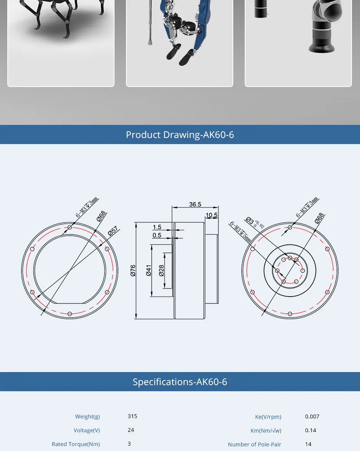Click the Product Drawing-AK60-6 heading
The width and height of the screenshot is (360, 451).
coord(180,135)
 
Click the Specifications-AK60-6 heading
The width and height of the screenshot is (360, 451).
coord(180,382)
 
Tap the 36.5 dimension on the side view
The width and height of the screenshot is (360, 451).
coord(195,204)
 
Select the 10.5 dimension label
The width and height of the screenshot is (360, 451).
coord(211,215)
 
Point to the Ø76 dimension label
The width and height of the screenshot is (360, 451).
coord(133,271)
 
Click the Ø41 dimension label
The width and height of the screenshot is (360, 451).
coord(149,271)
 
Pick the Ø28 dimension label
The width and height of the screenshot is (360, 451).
coord(161,271)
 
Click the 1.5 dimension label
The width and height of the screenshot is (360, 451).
coord(157,227)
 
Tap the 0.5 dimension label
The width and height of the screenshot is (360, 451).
coord(157,235)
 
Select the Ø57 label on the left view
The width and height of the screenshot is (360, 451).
coord(113,231)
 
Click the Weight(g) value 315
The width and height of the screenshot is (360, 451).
coord(133,416)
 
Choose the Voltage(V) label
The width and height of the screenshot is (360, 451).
coord(87,430)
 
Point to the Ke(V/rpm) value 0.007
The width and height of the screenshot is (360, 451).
coord(312,417)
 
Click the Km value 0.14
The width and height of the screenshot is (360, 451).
coord(311,430)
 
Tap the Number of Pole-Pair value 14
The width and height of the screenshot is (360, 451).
coord(308,444)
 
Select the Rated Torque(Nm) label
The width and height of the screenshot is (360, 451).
coord(76,444)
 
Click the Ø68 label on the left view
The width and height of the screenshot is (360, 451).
coord(101,216)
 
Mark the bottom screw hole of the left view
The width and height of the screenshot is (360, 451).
coord(70,314)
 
